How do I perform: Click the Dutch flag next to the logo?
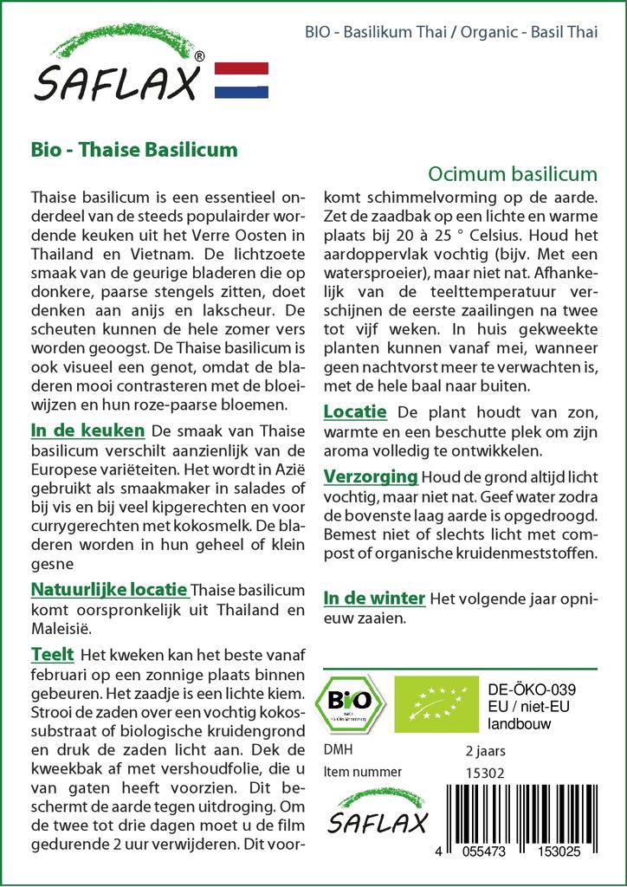coord(241,80)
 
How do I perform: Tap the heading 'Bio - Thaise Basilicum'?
coord(133,148)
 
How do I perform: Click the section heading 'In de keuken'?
coord(87,431)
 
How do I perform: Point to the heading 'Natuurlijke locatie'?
coord(109,590)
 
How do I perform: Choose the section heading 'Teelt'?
coord(52,654)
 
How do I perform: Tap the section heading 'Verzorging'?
coord(371,476)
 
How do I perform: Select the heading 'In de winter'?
coord(374,599)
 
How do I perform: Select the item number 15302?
coord(485,772)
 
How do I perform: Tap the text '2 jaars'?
coord(486,750)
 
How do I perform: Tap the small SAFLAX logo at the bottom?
coord(376,813)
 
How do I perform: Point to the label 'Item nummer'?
coord(362,772)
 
